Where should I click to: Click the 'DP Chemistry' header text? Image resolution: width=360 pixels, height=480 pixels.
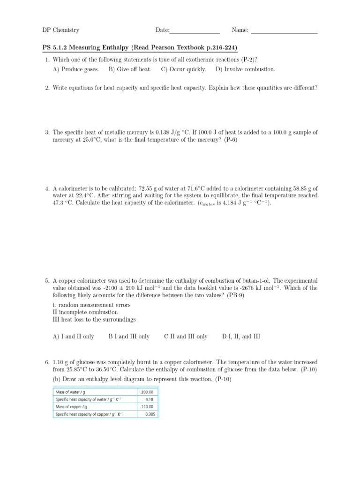(60, 30)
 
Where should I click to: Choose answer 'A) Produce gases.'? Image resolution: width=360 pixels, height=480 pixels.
(76, 69)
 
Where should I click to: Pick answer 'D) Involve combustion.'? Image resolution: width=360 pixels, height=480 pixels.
(245, 69)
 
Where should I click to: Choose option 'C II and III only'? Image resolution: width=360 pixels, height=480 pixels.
(186, 337)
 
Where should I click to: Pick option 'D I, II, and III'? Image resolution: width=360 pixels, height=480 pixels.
(241, 337)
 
